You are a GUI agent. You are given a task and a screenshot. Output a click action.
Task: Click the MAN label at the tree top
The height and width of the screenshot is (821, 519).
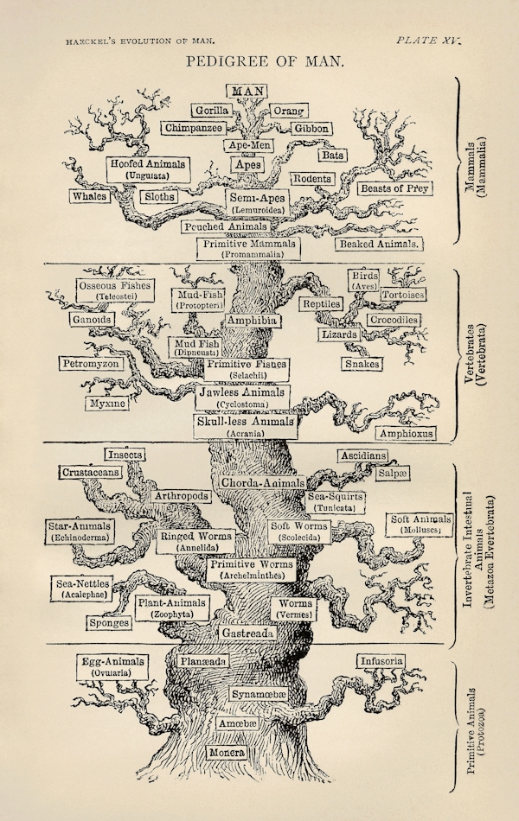click(247, 91)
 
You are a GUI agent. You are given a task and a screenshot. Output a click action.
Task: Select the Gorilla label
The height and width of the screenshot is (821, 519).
click(211, 111)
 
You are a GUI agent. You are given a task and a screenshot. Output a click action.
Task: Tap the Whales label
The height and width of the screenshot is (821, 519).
click(90, 196)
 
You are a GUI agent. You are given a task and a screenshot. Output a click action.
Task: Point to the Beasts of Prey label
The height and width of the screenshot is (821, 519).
click(395, 188)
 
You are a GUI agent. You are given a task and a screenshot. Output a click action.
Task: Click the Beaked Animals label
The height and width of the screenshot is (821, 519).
click(380, 244)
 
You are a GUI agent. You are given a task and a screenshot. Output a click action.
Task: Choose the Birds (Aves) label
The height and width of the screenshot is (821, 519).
click(364, 280)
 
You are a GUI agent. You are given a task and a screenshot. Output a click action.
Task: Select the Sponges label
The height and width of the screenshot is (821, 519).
click(109, 622)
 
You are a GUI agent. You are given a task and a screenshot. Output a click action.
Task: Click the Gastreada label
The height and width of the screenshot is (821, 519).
click(248, 633)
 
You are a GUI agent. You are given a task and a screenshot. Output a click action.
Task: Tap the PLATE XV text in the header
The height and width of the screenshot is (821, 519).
click(428, 40)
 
